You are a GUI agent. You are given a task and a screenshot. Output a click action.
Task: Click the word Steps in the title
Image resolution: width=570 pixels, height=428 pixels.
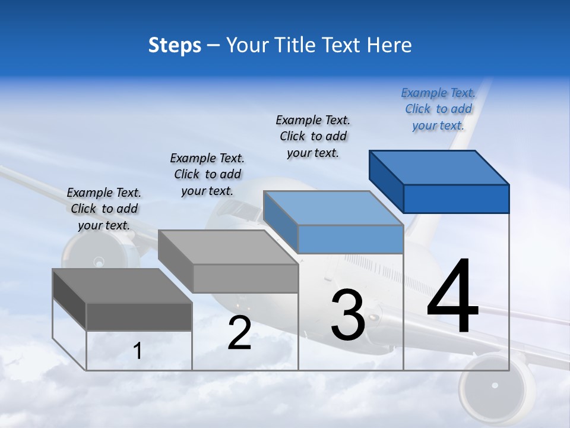pyautogui.click(x=175, y=45)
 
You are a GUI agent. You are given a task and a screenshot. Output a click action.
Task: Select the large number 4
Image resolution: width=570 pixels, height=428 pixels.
pyautogui.click(x=452, y=298)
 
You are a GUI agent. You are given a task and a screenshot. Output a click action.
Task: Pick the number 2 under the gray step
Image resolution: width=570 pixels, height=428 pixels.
pyautogui.click(x=239, y=333)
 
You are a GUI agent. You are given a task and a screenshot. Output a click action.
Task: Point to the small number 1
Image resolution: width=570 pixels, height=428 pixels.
pyautogui.click(x=138, y=352)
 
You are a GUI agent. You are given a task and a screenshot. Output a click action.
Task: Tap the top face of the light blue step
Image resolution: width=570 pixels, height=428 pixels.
pyautogui.click(x=332, y=208)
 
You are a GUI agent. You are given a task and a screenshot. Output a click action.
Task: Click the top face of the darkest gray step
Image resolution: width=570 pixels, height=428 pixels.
pyautogui.click(x=122, y=286)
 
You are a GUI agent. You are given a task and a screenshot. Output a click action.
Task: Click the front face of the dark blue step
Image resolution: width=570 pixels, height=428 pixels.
pyautogui.click(x=456, y=199)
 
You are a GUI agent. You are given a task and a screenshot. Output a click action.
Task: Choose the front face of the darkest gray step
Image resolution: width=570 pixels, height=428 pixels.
pyautogui.click(x=139, y=316)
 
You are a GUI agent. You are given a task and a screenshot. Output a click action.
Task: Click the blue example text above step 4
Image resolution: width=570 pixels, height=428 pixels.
pyautogui.click(x=438, y=109)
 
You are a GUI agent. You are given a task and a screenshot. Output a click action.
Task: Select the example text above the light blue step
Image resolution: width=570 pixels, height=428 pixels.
pyautogui.click(x=313, y=136)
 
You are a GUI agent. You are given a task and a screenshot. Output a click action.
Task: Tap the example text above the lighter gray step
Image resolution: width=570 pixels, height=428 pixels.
pyautogui.click(x=207, y=174)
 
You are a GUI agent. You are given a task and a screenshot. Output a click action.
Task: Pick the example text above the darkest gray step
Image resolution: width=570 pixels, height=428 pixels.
pyautogui.click(x=104, y=209)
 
